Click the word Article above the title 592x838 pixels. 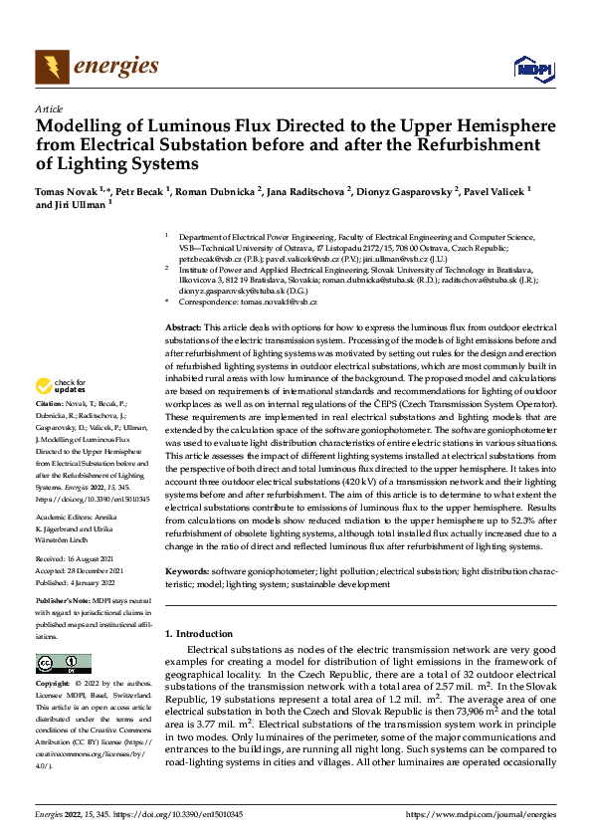[49, 108]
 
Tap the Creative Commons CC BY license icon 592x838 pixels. [63, 664]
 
